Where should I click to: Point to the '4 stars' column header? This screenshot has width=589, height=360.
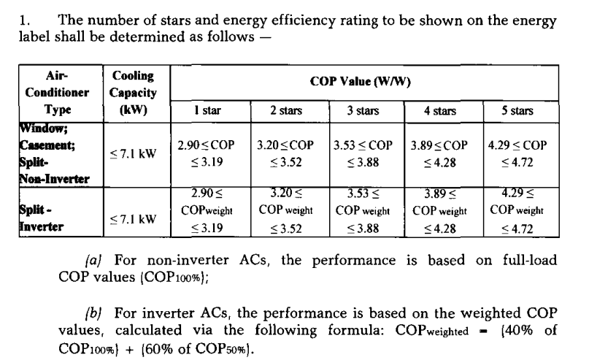click(x=440, y=111)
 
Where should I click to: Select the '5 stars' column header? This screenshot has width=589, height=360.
click(x=516, y=111)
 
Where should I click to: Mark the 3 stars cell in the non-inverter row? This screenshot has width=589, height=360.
click(x=363, y=153)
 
